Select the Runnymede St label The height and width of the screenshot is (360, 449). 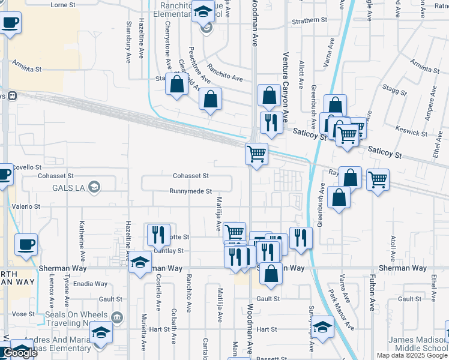[x=190, y=191]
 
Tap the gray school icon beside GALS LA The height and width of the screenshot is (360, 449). [x=94, y=188]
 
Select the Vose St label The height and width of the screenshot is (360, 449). [x=23, y=314]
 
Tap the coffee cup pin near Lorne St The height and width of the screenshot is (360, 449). [x=10, y=24]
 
